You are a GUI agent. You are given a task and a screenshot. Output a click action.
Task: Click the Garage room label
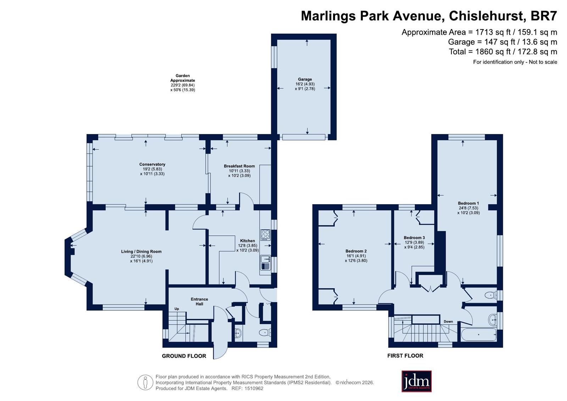305,79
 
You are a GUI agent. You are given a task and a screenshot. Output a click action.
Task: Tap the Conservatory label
152,164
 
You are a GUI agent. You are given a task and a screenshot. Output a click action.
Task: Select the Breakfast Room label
239,166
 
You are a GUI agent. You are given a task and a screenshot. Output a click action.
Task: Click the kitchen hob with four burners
265,235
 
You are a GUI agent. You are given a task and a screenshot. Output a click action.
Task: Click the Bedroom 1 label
468,203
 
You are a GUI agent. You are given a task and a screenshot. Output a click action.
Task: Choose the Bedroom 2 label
356,251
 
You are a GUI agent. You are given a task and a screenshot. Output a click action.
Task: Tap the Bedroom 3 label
414,238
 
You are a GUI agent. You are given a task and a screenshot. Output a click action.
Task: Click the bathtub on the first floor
479,335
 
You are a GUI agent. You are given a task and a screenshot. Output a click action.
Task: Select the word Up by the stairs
177,309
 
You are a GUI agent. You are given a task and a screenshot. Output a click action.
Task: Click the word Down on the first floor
448,322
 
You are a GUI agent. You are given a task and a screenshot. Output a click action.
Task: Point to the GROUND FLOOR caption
184,356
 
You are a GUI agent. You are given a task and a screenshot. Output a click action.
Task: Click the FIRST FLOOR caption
405,356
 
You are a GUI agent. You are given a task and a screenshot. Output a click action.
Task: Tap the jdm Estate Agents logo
416,381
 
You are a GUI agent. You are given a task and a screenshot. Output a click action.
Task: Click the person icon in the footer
145,382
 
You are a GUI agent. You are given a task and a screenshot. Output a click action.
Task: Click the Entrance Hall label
199,301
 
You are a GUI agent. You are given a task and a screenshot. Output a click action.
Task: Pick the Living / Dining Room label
141,251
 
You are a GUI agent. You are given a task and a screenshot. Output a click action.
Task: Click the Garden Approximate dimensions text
183,83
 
